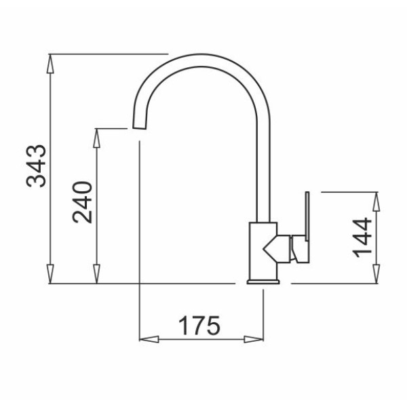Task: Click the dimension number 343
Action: [x=37, y=166]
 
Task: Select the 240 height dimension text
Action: [x=83, y=202]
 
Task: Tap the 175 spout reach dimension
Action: [x=199, y=325]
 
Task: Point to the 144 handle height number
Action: [x=363, y=237]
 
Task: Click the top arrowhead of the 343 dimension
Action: [x=50, y=64]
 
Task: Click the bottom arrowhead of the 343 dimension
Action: [x=50, y=274]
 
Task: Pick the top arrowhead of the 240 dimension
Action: [x=96, y=138]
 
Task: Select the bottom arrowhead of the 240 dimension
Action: [x=96, y=274]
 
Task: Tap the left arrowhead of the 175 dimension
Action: [x=149, y=339]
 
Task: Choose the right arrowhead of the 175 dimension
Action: [x=254, y=339]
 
